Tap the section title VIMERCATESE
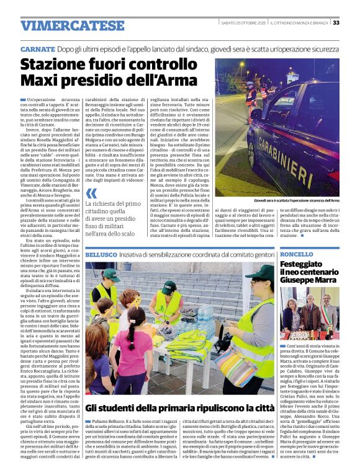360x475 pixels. tap(73, 25)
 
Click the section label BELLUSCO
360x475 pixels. tap(100, 255)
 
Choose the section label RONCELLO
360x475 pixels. tap(297, 255)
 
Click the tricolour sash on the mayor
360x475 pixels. tap(330, 310)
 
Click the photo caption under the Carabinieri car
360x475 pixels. tap(297, 201)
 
